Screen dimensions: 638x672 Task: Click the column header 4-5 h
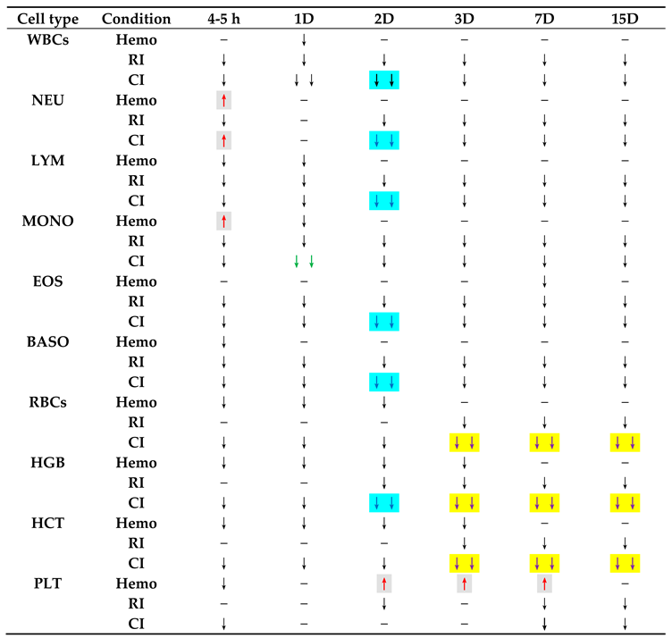click(x=223, y=19)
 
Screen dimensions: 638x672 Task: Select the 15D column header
click(x=625, y=19)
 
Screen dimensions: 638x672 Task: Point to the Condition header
click(x=136, y=19)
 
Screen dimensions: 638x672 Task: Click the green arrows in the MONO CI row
click(x=304, y=261)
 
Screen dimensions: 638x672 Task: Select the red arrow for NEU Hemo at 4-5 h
click(x=223, y=100)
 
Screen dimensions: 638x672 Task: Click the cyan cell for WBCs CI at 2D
click(x=384, y=80)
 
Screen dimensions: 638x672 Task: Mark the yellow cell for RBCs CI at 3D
click(x=465, y=441)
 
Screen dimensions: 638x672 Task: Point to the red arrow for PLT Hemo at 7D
click(x=544, y=583)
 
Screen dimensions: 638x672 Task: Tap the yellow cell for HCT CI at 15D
click(x=625, y=562)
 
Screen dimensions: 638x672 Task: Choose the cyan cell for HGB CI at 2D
click(x=384, y=502)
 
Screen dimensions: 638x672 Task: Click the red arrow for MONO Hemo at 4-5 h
click(x=223, y=221)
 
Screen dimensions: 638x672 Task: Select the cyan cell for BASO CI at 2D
click(x=384, y=382)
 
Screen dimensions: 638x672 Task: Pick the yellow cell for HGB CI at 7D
click(x=544, y=502)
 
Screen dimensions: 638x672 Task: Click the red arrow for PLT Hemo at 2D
click(x=384, y=583)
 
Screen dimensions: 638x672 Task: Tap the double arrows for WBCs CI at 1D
click(x=304, y=80)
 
